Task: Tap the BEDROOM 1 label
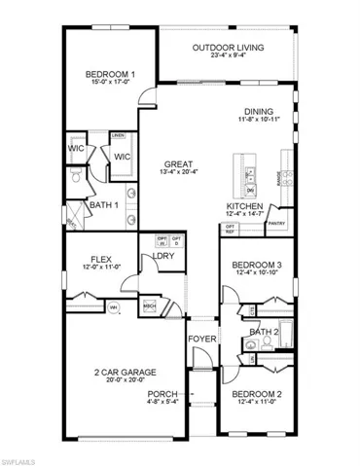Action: (110, 74)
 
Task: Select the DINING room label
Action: (259, 112)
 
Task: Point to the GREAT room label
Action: (177, 164)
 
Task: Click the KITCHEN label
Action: (243, 207)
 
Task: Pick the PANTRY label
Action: (275, 222)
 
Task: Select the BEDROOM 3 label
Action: (258, 265)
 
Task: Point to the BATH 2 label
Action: (263, 332)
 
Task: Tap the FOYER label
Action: (200, 341)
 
